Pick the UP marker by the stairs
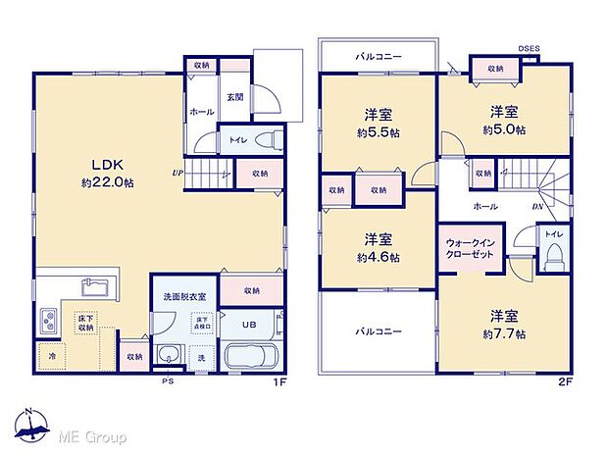coord(177,175)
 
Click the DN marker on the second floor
coord(537,206)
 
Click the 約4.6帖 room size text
coord(378,258)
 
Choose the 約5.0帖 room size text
coord(503,129)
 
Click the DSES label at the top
coord(530,47)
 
